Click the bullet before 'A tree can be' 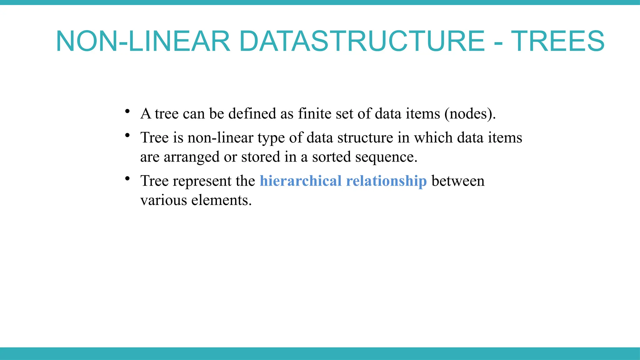(x=127, y=111)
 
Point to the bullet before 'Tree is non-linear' (x=127, y=135)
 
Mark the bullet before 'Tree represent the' (x=127, y=179)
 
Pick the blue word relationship (x=386, y=181)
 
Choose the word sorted (x=331, y=157)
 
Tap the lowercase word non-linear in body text (x=220, y=137)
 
